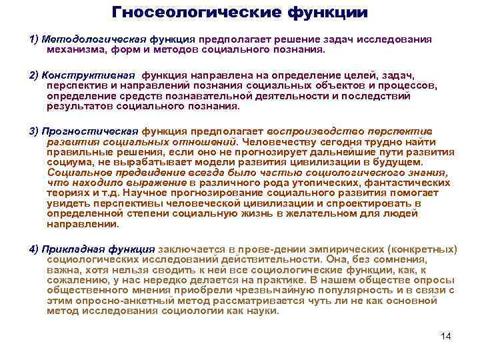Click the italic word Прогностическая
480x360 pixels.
pos(90,130)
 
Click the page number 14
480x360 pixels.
pos(446,336)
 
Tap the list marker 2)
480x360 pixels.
pos(35,75)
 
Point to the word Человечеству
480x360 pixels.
pos(277,141)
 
